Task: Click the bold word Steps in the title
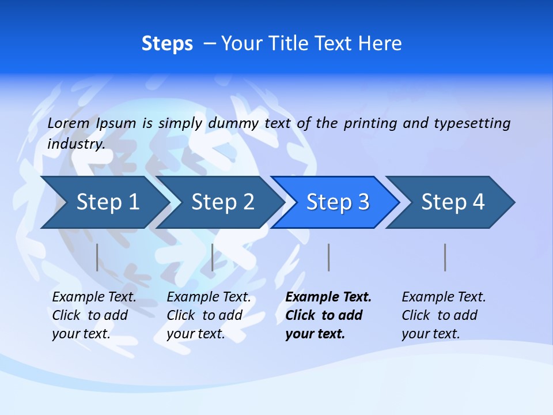click(167, 44)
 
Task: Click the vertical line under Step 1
click(97, 257)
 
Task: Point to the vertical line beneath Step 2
click(213, 257)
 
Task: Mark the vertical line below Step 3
click(329, 257)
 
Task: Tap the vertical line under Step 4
click(445, 257)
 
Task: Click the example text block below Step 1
click(94, 315)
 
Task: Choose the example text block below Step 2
click(209, 315)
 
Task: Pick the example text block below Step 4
click(444, 315)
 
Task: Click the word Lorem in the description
click(69, 123)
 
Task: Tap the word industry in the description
click(75, 144)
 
